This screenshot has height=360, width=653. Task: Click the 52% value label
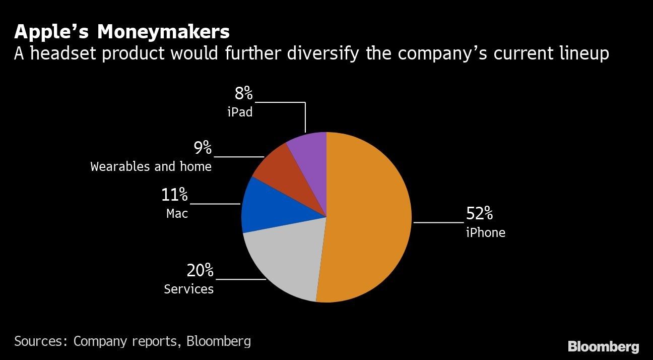tap(479, 214)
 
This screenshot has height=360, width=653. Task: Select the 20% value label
tap(200, 271)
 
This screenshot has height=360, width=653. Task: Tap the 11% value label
tap(174, 195)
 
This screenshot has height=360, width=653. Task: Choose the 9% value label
tap(203, 148)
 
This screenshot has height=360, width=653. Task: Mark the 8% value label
tap(243, 94)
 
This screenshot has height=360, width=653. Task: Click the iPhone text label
tap(485, 232)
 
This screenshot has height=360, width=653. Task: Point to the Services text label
tap(188, 289)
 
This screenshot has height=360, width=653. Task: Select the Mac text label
tap(177, 214)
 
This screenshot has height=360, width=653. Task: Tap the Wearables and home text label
tap(151, 166)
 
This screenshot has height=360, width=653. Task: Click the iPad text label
tap(240, 112)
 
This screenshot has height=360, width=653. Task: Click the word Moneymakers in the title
tap(163, 32)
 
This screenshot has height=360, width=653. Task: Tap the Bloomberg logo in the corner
tap(603, 347)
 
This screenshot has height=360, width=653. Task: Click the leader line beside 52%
tap(437, 222)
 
